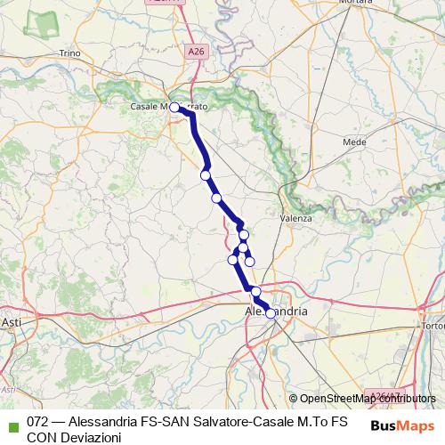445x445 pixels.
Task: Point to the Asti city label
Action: pos(12,321)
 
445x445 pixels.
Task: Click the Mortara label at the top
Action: pos(352,4)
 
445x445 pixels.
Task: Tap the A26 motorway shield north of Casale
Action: pos(196,53)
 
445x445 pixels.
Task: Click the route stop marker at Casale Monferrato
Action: pos(175,108)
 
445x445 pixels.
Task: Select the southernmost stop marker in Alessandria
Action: pos(271,313)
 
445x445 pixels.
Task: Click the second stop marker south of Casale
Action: pos(206,175)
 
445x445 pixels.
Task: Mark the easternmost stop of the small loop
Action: pos(250,261)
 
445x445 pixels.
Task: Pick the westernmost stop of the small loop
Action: pos(233,259)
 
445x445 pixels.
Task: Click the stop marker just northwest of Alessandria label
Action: pos(256,292)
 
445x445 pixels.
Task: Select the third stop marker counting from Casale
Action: pos(216,198)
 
